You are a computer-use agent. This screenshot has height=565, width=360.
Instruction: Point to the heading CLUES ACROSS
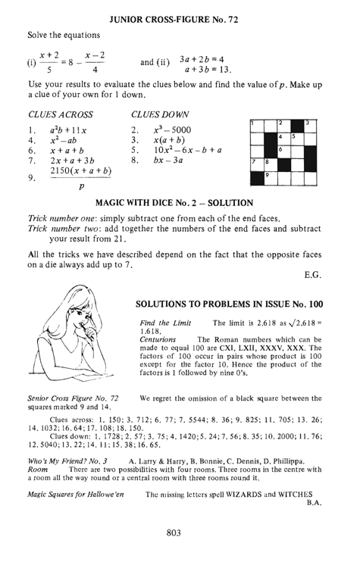(60, 115)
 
